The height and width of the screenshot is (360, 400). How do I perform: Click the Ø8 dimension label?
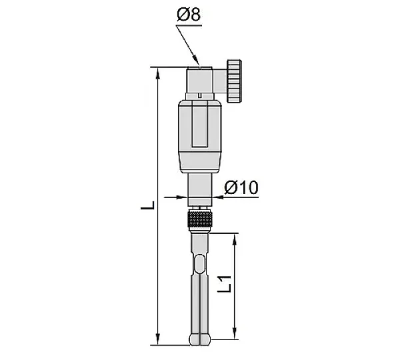[x=189, y=15]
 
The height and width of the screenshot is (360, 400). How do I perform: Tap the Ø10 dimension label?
[x=241, y=187]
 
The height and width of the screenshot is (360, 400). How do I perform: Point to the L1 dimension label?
[x=225, y=284]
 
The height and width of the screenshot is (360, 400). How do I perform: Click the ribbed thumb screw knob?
[x=234, y=81]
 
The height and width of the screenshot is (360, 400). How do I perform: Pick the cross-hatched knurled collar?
[x=200, y=219]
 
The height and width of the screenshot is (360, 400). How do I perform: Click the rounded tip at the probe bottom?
[x=200, y=339]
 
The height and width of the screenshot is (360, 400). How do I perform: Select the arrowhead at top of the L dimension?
[x=158, y=74]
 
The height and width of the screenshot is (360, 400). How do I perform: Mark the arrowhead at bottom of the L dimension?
[x=158, y=339]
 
